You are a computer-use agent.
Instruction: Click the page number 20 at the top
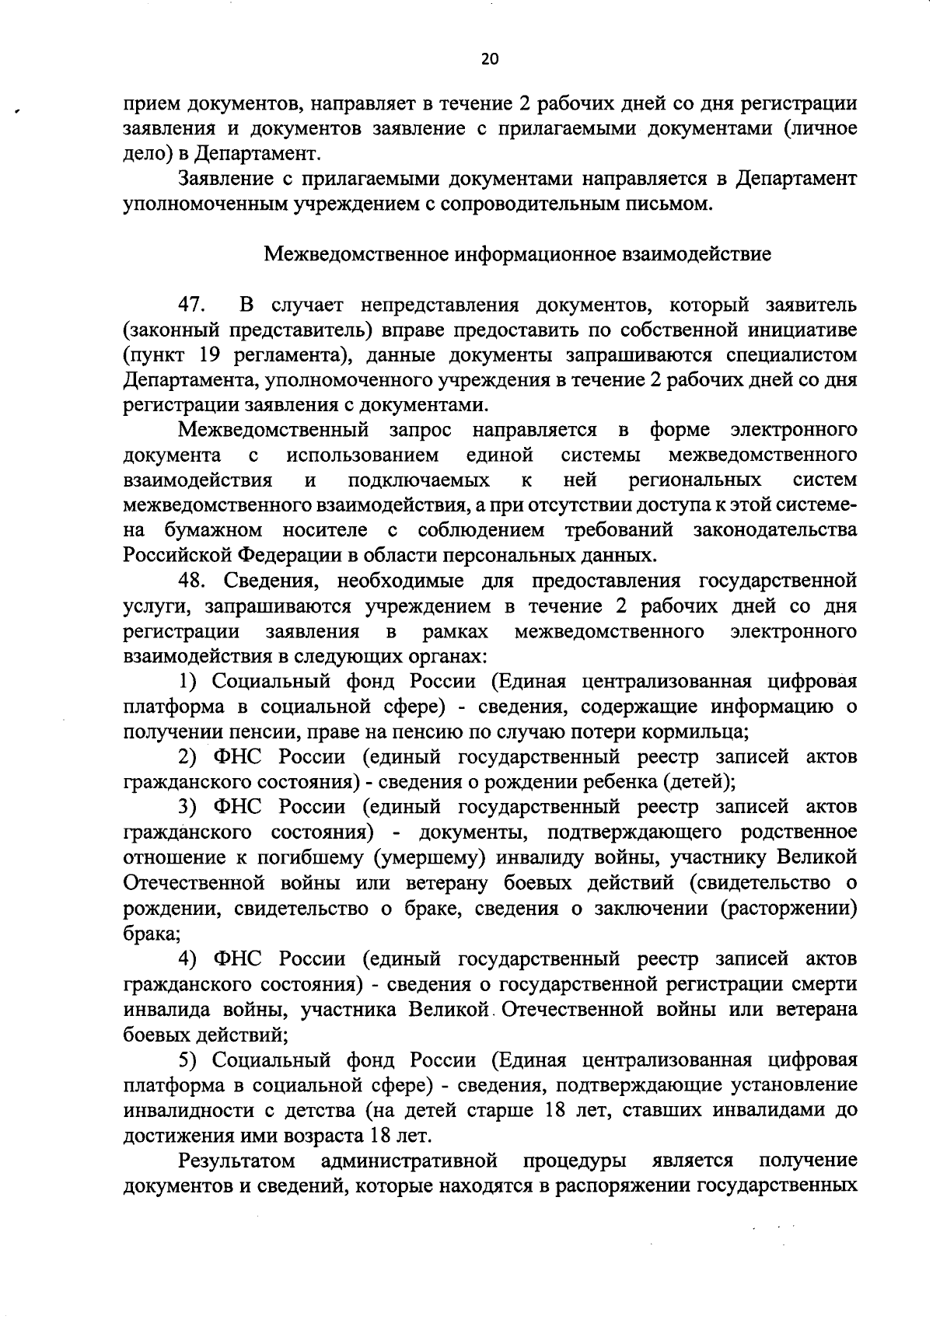(489, 58)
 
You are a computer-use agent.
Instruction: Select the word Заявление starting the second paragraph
(223, 179)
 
